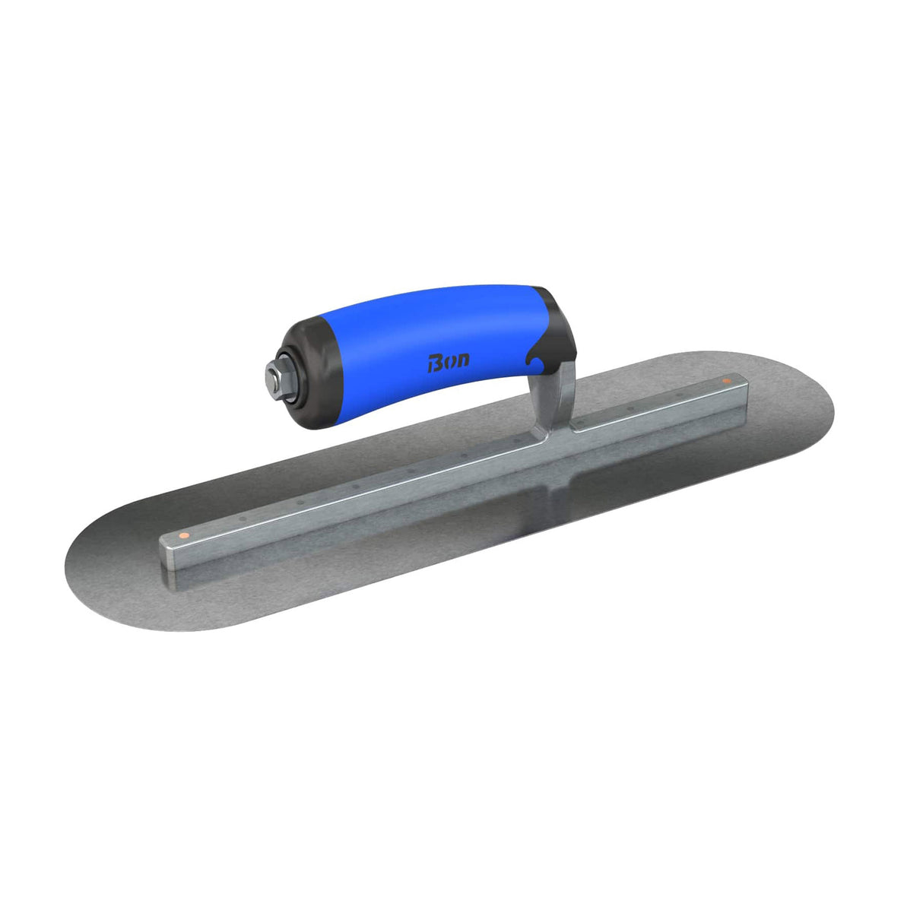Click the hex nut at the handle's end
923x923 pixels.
click(274, 375)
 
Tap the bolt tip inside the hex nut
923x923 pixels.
click(271, 375)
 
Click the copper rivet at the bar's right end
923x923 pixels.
click(726, 380)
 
